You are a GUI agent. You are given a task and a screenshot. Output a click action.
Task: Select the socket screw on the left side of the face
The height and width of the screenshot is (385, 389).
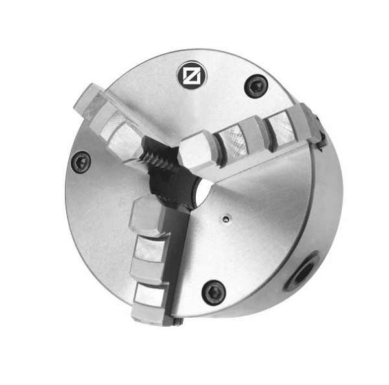coord(80,161)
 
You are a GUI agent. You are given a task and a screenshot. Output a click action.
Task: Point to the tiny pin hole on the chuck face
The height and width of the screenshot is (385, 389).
coord(224,219)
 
